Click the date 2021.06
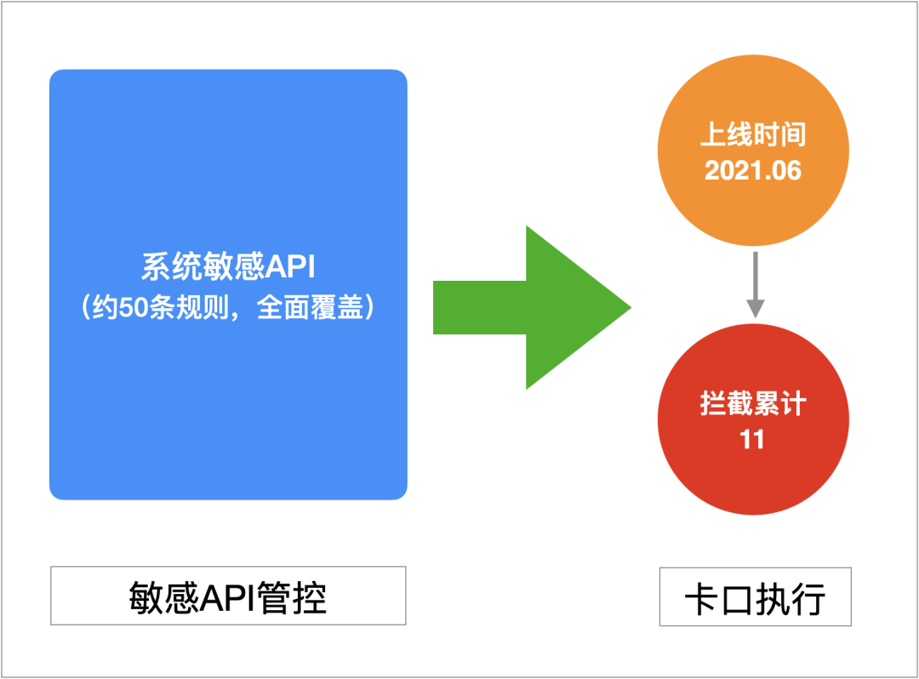click(x=753, y=170)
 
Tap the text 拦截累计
click(x=753, y=404)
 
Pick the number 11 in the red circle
click(x=753, y=440)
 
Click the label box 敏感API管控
click(x=228, y=596)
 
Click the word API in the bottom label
click(x=228, y=597)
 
